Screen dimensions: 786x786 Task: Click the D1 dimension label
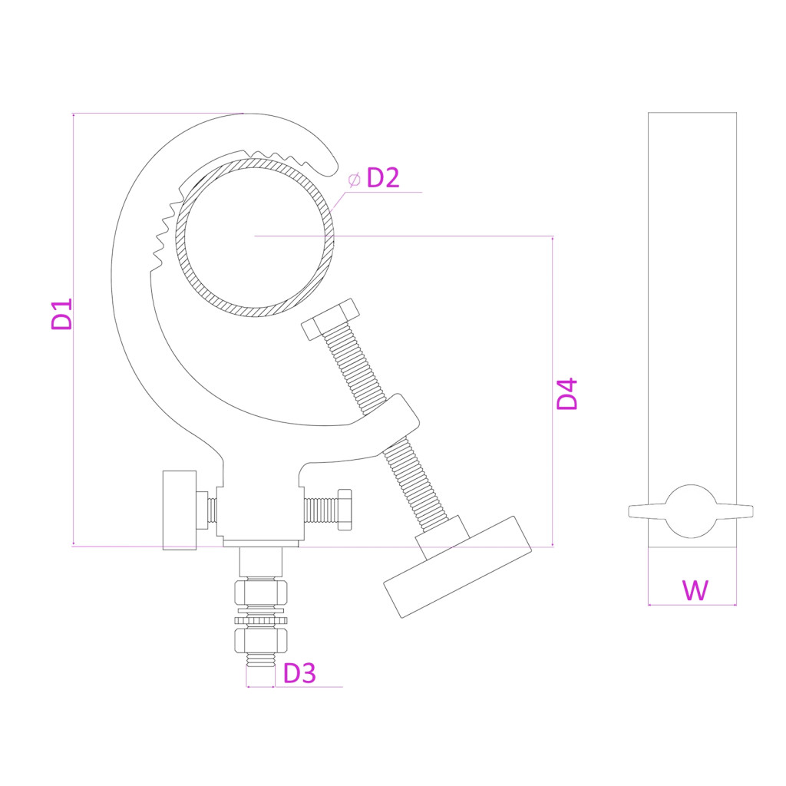pos(61,314)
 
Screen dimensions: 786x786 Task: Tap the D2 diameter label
pos(383,178)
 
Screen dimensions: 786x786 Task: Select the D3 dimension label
pos(299,673)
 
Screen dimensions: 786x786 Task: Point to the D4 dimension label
pos(567,395)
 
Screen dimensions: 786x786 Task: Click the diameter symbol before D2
pos(354,179)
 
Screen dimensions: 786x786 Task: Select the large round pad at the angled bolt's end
pos(457,566)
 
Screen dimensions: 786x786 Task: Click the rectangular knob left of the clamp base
pos(180,510)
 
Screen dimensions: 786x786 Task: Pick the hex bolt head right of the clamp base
pos(345,510)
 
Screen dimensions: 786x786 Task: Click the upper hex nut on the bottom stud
pos(261,593)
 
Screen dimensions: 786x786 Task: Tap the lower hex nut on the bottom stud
pos(261,641)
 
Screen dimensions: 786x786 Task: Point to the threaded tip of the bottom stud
pos(261,660)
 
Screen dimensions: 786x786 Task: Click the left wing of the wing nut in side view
pos(647,511)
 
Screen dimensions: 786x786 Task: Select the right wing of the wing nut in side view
pos(735,511)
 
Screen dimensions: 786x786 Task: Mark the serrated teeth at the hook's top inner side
pos(279,156)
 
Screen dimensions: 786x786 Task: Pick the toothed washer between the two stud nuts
pos(261,620)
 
